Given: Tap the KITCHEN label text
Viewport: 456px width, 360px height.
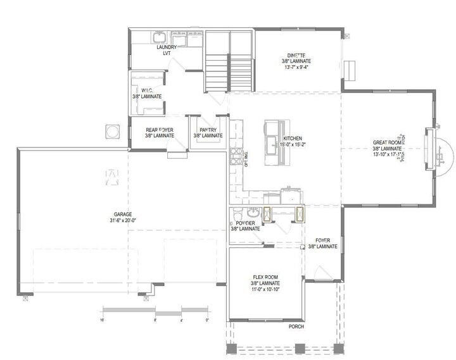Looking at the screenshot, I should [292, 138].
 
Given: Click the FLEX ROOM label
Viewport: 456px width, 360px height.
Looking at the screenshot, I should [266, 276].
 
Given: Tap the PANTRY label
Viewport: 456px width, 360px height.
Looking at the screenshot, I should [208, 130].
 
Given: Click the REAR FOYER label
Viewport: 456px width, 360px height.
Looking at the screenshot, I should [159, 130].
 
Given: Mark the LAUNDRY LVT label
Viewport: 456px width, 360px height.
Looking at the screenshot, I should [168, 50].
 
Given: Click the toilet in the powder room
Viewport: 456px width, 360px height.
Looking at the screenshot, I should [236, 213].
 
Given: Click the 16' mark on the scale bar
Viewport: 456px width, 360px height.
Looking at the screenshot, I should [103, 320].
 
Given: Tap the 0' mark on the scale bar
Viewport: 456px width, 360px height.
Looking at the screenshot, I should [207, 320].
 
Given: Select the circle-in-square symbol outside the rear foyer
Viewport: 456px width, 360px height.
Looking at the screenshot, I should [112, 131].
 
